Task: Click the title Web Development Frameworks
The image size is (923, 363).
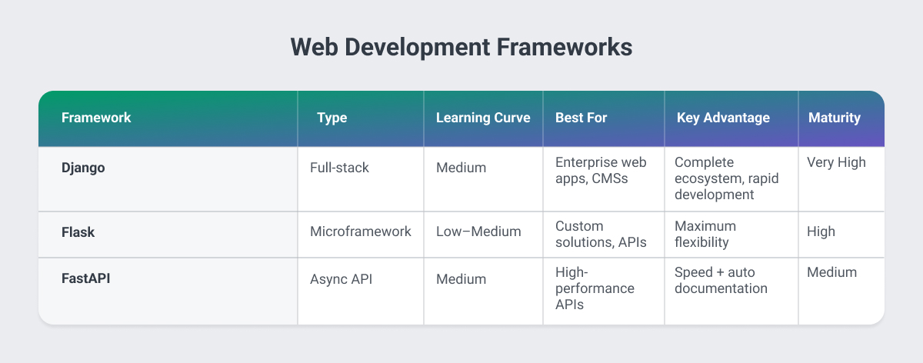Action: click(x=461, y=47)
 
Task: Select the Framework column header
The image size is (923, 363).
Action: click(x=96, y=118)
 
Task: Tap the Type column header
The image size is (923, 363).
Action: click(x=332, y=118)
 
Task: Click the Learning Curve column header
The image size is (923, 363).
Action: click(x=483, y=118)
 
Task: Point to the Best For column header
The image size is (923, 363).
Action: click(x=581, y=118)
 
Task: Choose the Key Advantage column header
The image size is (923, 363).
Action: click(x=723, y=118)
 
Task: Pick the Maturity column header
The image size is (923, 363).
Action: click(x=835, y=118)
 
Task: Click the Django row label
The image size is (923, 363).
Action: click(x=84, y=167)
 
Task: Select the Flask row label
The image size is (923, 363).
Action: click(x=78, y=232)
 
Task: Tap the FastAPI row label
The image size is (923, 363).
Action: click(x=86, y=279)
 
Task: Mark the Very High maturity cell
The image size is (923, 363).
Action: click(x=837, y=162)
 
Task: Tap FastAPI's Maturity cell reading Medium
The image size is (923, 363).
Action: click(x=832, y=271)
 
